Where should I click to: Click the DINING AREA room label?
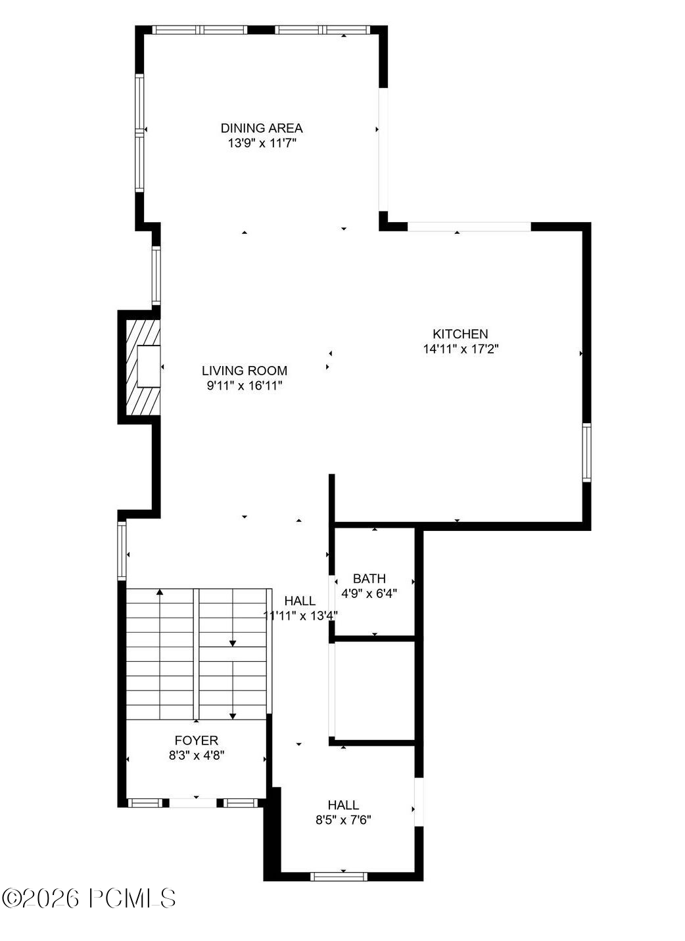[x=262, y=128]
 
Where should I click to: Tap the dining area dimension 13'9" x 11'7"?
[x=262, y=143]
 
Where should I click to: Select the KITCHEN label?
[x=460, y=334]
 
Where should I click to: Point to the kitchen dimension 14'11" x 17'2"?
[x=460, y=350]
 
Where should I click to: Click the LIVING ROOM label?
[x=245, y=371]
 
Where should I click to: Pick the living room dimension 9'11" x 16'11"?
[x=245, y=386]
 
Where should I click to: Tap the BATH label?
[x=369, y=579]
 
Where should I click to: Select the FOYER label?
[x=197, y=741]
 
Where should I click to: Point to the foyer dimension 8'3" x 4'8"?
[x=197, y=756]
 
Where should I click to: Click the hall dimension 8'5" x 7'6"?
[x=343, y=820]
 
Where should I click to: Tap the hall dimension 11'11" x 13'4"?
[x=300, y=616]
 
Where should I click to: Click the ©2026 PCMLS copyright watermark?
[x=89, y=898]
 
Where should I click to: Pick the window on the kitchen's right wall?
[x=586, y=453]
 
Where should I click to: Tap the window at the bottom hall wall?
[x=339, y=876]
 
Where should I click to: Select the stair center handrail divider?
[x=196, y=654]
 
